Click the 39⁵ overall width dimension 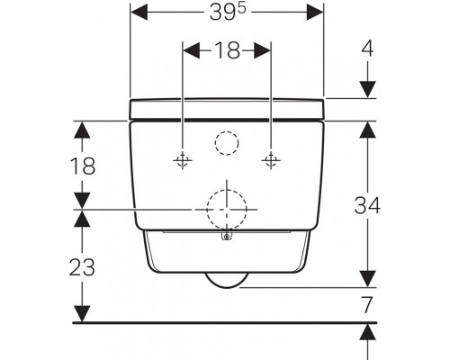pos(228,13)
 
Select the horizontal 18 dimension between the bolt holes pos(228,49)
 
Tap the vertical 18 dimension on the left pos(83,166)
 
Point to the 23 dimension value pos(82,267)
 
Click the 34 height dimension pos(367,205)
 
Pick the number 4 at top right pos(367,49)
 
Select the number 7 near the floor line pos(367,304)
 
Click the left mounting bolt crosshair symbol pos(183,160)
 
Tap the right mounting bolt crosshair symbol pos(271,160)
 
